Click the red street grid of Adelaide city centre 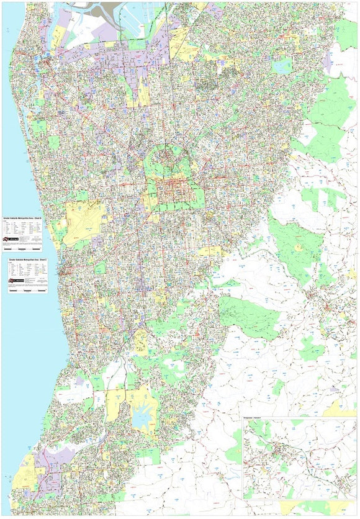tap(173, 192)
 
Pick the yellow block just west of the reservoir tap(115, 404)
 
